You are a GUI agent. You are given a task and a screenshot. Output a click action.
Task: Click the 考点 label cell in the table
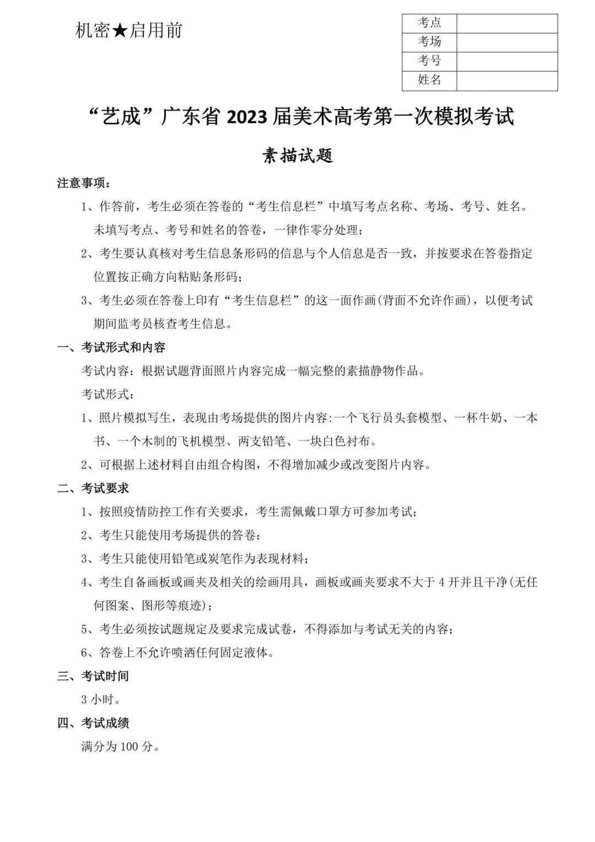point(429,23)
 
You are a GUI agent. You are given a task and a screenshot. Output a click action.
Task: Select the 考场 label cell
point(429,42)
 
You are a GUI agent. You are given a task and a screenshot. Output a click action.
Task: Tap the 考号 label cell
point(429,61)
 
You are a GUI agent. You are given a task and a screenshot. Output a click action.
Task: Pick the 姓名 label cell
point(429,80)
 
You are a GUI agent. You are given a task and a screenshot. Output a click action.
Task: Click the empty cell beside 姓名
point(507,80)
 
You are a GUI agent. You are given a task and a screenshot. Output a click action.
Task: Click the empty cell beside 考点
point(507,23)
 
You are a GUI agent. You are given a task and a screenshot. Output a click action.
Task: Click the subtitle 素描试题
point(297,156)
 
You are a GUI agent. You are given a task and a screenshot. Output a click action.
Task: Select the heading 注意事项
point(84,183)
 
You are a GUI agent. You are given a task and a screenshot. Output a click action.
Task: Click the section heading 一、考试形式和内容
point(111,347)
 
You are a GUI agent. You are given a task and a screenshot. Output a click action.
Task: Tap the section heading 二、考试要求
point(93,488)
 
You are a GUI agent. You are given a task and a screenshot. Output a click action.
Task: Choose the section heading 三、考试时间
point(93,676)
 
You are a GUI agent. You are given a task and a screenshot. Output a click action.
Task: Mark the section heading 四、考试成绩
point(93,723)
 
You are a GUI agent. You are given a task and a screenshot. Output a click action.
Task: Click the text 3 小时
point(100,700)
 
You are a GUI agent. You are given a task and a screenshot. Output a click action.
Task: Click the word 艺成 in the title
point(122,117)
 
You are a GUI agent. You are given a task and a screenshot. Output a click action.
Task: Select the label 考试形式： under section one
point(108,394)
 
